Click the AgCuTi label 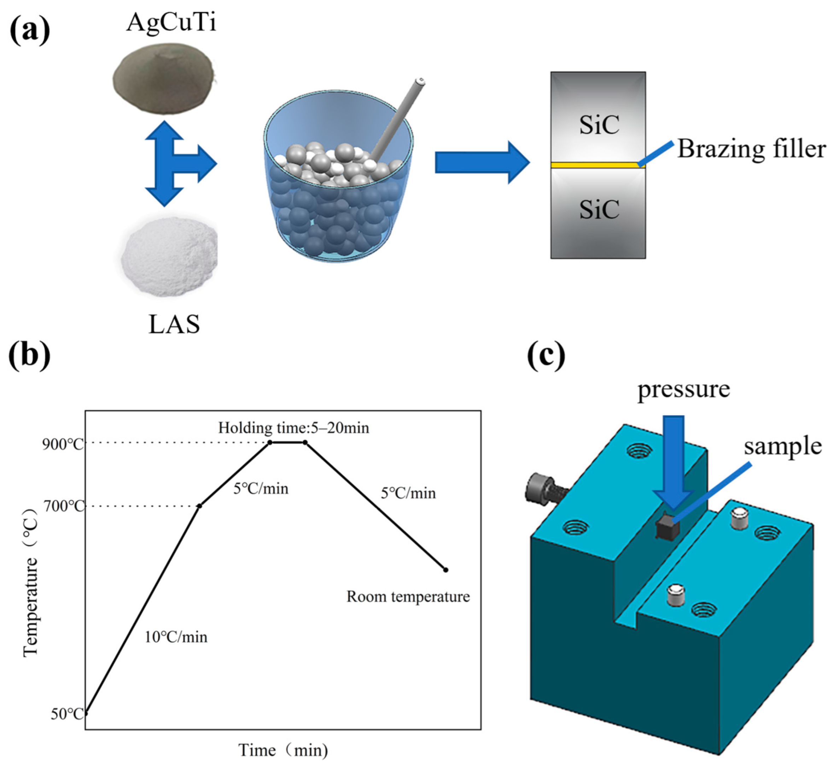tap(171, 23)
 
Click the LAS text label tap(174, 325)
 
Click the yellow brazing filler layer tap(595, 165)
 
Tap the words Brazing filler tap(751, 149)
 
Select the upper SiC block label tap(599, 124)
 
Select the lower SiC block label tap(599, 209)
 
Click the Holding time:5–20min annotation tap(294, 428)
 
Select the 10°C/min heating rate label tap(176, 637)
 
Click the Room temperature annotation tap(408, 596)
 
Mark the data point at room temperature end tap(445, 570)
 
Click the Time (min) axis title tap(283, 750)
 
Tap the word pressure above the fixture tap(684, 390)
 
